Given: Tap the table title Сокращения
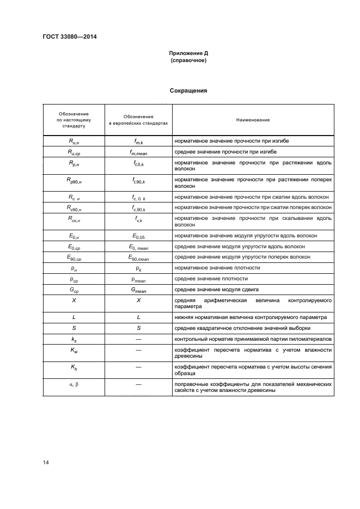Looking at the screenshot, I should pyautogui.click(x=188, y=90).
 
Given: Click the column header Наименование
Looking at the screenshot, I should pyautogui.click(x=253, y=119).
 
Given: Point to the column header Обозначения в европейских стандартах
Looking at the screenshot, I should pyautogui.click(x=138, y=119).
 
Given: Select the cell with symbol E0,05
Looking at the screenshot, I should pyautogui.click(x=138, y=235).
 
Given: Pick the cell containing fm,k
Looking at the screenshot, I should pyautogui.click(x=138, y=141).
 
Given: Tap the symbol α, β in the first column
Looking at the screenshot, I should pyautogui.click(x=74, y=384).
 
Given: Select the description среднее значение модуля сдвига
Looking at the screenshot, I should pyautogui.click(x=216, y=289).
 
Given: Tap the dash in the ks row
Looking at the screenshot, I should pyautogui.click(x=138, y=339).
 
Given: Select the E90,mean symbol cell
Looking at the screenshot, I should pyautogui.click(x=138, y=257).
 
